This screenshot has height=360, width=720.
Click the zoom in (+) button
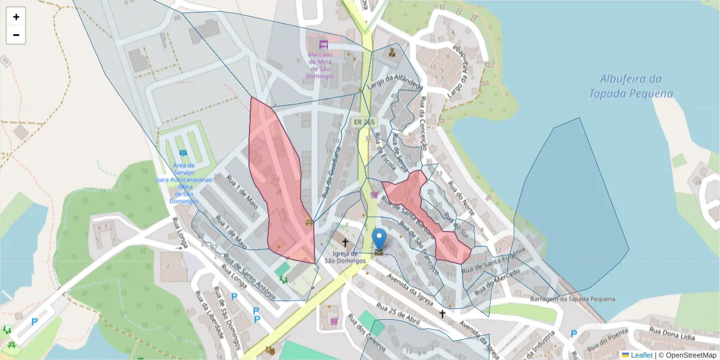tap(16, 17)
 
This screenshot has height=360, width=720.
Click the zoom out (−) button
tap(16, 35)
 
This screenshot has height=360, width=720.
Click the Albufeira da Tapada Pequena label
tap(631, 86)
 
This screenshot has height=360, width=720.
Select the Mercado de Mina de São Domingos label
tap(324, 66)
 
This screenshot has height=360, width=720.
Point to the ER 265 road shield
tap(364, 122)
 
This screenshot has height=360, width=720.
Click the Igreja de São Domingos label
tap(345, 257)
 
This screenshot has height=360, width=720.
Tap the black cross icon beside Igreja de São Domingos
tap(345, 243)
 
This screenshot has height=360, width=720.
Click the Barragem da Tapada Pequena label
tap(573, 299)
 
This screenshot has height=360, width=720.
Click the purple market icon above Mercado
tap(324, 44)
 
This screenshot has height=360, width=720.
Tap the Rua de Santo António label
tap(249, 275)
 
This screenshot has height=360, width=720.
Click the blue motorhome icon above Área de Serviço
tap(182, 153)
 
